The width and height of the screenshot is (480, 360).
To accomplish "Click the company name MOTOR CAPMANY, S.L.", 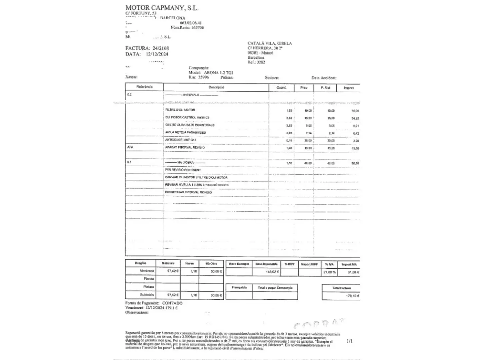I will point(162,8).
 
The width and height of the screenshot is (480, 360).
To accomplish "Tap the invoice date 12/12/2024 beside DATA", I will point(157,54).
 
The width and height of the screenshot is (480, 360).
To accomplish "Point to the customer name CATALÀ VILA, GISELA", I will point(269,43).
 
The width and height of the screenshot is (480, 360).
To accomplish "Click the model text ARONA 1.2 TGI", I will point(218,73).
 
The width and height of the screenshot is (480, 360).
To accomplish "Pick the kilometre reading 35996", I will point(203,77).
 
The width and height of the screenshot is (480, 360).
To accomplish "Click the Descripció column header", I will point(216,87).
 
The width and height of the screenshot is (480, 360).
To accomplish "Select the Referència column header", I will point(144,87).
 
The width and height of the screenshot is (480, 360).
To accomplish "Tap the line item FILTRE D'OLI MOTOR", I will point(180,110).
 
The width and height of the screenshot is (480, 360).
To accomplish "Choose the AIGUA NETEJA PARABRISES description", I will point(185,132).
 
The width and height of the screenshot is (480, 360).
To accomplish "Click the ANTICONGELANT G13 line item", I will point(181,140).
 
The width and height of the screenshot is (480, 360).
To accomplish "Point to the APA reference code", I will point(130,147).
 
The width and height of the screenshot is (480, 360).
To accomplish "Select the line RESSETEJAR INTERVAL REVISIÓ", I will point(188,192).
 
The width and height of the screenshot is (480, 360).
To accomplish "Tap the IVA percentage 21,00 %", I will point(329,272).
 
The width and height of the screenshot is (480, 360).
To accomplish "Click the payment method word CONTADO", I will point(172,303).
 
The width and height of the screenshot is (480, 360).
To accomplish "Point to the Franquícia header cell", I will point(239,287).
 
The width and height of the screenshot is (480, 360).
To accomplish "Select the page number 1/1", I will point(349,341).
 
